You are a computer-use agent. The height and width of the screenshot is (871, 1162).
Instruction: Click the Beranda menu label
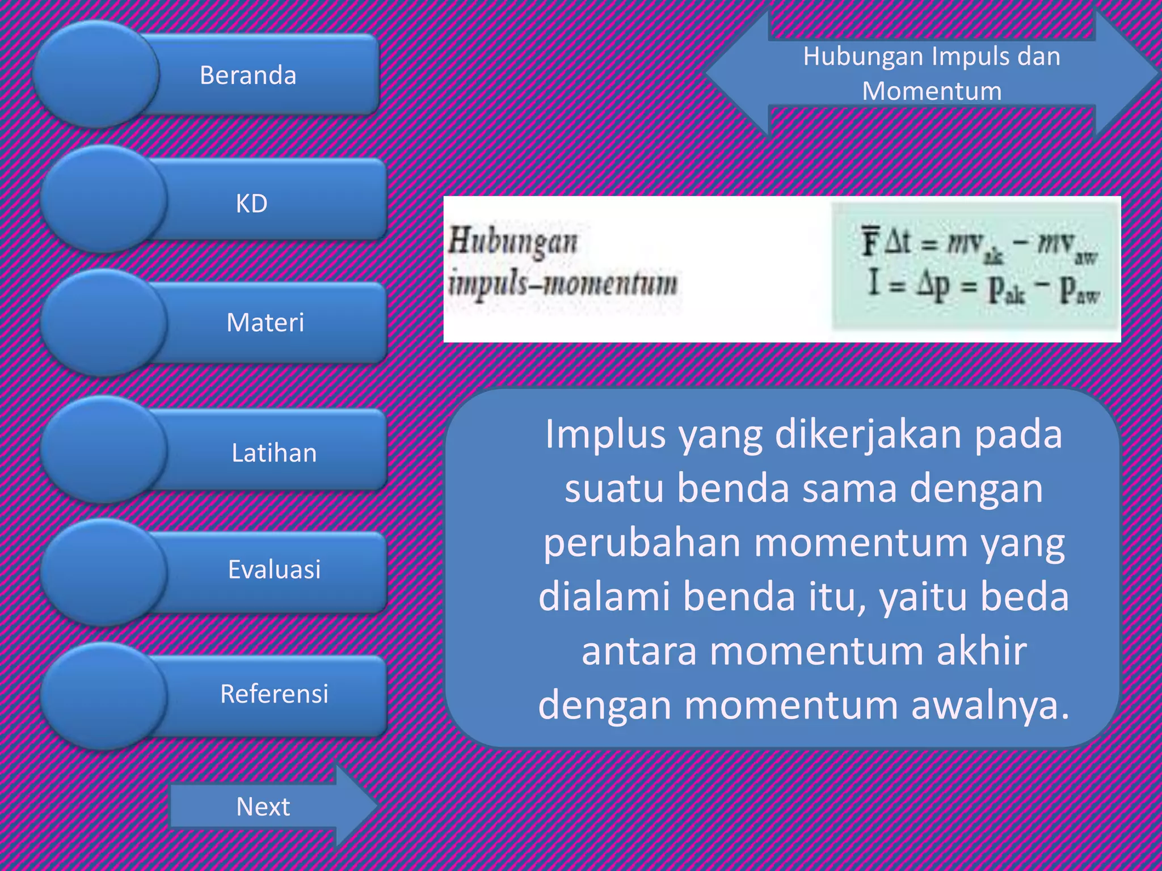pyautogui.click(x=248, y=75)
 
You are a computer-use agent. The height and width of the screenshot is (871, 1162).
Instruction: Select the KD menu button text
pyautogui.click(x=251, y=204)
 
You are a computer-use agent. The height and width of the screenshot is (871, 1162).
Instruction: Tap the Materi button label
pyautogui.click(x=265, y=323)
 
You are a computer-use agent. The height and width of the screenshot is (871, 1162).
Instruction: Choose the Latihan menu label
pyautogui.click(x=274, y=453)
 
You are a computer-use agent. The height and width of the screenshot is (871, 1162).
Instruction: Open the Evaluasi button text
pyautogui.click(x=274, y=569)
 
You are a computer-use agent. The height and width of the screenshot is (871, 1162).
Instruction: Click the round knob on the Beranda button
pyautogui.click(x=95, y=74)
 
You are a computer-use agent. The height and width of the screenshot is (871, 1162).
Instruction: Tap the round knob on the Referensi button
pyautogui.click(x=103, y=696)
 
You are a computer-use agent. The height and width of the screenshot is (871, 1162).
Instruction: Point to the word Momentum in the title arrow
pyautogui.click(x=932, y=91)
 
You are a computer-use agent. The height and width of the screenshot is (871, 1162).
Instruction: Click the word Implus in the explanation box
pyautogui.click(x=605, y=435)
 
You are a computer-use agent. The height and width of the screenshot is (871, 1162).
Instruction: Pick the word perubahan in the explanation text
pyautogui.click(x=642, y=543)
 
